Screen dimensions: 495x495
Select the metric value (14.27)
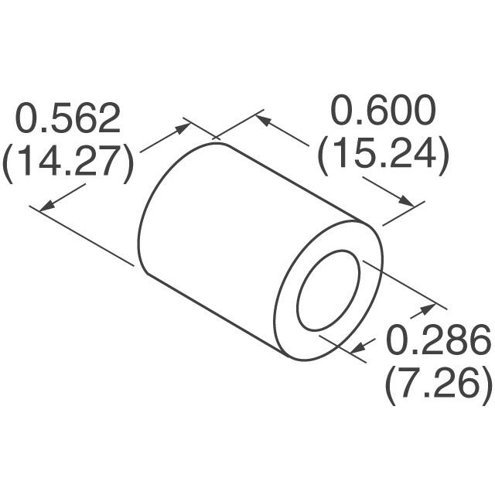(x=68, y=163)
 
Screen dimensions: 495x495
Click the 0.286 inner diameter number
(x=438, y=340)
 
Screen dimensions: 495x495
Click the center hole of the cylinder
(x=328, y=289)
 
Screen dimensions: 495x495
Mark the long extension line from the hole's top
(x=402, y=285)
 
